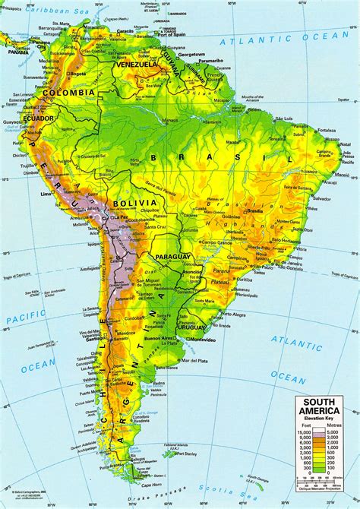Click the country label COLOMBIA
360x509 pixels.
pos(74,93)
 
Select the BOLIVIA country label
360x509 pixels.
pos(135,203)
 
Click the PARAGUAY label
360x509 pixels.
pos(172,256)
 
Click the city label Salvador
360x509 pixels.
pos(323,198)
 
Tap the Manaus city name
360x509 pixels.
pos(169,121)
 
